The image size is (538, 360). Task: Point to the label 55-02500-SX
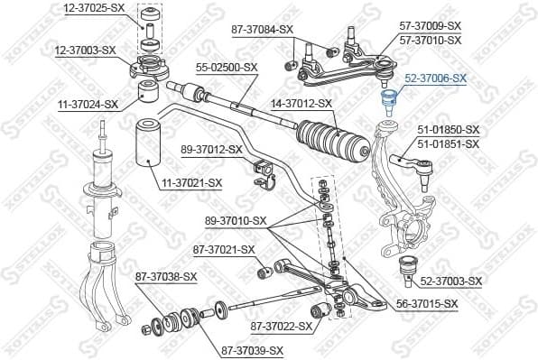point(227,67)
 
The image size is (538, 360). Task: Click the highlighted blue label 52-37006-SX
point(435,78)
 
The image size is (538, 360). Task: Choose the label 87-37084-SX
point(263,29)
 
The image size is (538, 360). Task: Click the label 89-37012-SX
point(211,149)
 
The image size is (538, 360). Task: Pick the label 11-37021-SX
point(191,183)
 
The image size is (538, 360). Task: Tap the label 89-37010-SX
point(236,220)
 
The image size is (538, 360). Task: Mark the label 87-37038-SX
point(166,276)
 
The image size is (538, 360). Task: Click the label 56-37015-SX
point(427,306)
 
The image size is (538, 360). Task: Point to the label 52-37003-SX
point(451,282)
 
